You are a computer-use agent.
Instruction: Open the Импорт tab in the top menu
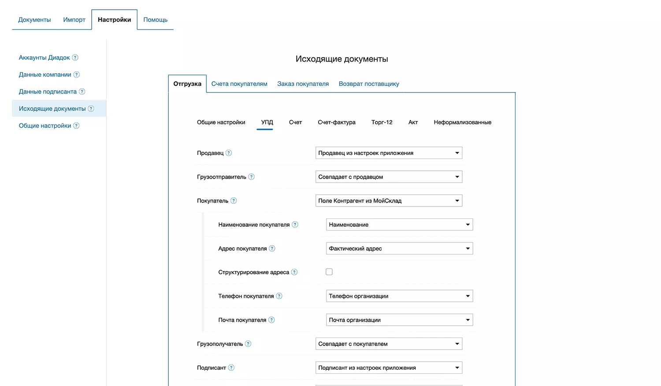(74, 20)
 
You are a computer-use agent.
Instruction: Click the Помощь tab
(155, 20)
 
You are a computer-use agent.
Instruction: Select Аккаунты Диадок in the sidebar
(44, 58)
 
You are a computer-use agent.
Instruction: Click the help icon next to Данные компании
(77, 75)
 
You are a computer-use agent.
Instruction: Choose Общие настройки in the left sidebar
(45, 126)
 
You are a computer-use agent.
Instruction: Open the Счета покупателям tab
(239, 84)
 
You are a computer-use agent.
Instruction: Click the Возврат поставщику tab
(369, 84)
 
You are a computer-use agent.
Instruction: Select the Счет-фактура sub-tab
(337, 122)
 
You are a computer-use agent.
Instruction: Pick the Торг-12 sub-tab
(382, 122)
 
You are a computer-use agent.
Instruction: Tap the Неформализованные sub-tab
(462, 122)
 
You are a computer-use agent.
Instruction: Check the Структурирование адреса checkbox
(329, 272)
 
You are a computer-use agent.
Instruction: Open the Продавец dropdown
(389, 153)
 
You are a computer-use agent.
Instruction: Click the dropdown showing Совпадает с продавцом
(389, 177)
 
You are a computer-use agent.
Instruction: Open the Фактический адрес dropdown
(399, 249)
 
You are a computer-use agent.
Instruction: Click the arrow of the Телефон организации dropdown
(468, 296)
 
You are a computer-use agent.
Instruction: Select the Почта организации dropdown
(399, 320)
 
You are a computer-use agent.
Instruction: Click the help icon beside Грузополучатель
(248, 344)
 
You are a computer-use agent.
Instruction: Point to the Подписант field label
(212, 368)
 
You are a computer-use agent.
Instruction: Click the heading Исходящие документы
(342, 59)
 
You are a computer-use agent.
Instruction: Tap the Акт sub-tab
(413, 122)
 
